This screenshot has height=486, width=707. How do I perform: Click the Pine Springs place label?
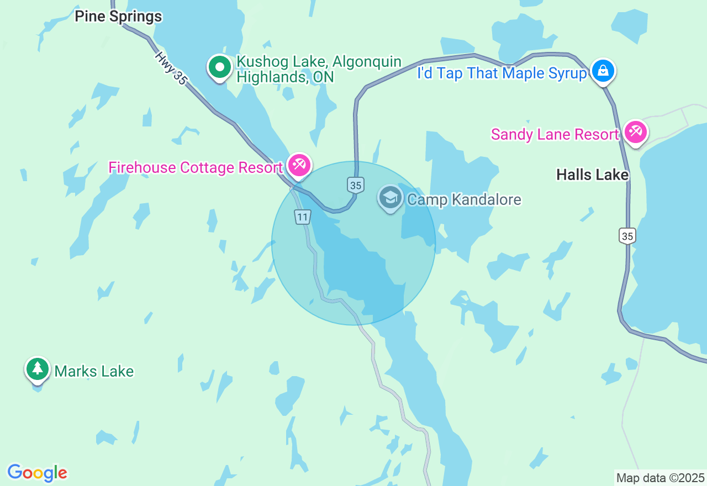118,17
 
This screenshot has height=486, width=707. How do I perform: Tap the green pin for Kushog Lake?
220,68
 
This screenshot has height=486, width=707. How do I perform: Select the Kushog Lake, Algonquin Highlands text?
319,70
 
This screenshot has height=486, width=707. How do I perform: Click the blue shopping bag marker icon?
603,71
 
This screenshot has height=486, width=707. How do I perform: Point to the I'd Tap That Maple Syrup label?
502,73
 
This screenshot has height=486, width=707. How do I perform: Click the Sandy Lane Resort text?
555,134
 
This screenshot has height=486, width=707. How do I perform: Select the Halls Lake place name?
592,175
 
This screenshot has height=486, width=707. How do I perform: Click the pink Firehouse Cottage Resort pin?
299,165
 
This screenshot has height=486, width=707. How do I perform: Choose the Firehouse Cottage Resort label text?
196,167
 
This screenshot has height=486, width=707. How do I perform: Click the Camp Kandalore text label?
464,199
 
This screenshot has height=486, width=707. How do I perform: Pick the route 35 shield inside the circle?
356,186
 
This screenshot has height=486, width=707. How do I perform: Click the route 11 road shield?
302,217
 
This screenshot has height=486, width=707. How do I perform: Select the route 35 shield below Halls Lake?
627,236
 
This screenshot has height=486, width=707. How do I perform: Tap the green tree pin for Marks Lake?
37,369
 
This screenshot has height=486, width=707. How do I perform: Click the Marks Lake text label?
94,371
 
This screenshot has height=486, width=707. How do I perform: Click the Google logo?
37,473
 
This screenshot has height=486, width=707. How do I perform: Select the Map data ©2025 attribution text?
660,478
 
